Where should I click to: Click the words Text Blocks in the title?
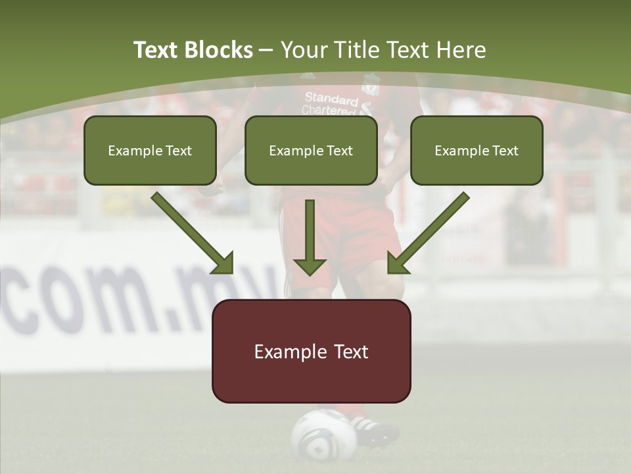pyautogui.click(x=193, y=50)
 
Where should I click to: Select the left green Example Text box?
pyautogui.click(x=150, y=150)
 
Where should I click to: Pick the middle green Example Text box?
pyautogui.click(x=311, y=150)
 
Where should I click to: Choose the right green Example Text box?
pyautogui.click(x=477, y=150)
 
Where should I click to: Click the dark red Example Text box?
pyautogui.click(x=311, y=351)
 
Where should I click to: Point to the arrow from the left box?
pyautogui.click(x=192, y=233)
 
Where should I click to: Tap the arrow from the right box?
pyautogui.click(x=429, y=233)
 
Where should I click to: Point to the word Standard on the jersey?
pyautogui.click(x=331, y=99)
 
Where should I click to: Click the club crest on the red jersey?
pyautogui.click(x=372, y=85)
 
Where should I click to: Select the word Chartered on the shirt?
pyautogui.click(x=327, y=111)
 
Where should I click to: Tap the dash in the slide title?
pyautogui.click(x=266, y=50)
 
